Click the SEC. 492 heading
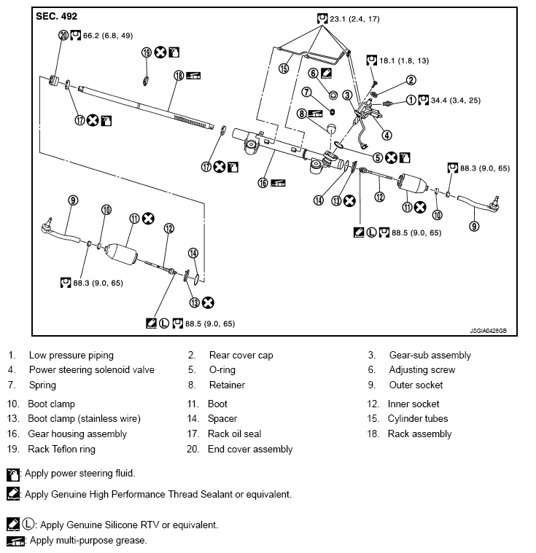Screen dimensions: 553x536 [x=57, y=16]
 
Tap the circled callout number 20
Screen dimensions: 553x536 [x=63, y=35]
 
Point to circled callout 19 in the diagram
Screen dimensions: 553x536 [x=146, y=52]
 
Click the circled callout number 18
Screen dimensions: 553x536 [x=178, y=75]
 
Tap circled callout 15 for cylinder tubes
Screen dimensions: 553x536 [x=284, y=67]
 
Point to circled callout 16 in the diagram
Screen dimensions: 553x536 [x=262, y=184]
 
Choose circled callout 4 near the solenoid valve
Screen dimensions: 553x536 [x=387, y=134]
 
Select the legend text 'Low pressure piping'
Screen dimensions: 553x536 [x=71, y=356]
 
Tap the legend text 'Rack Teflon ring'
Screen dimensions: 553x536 [x=61, y=450]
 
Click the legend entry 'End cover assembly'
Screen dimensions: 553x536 [x=250, y=450]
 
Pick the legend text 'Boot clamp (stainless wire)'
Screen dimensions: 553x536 [x=84, y=419]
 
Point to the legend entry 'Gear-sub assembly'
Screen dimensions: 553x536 [x=430, y=356]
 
